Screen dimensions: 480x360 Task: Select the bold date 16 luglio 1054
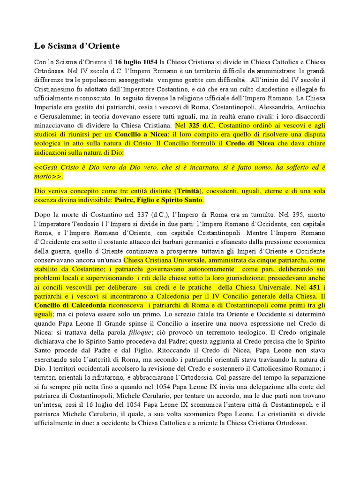[x=136, y=62]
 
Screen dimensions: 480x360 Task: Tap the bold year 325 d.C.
[x=202, y=126]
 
